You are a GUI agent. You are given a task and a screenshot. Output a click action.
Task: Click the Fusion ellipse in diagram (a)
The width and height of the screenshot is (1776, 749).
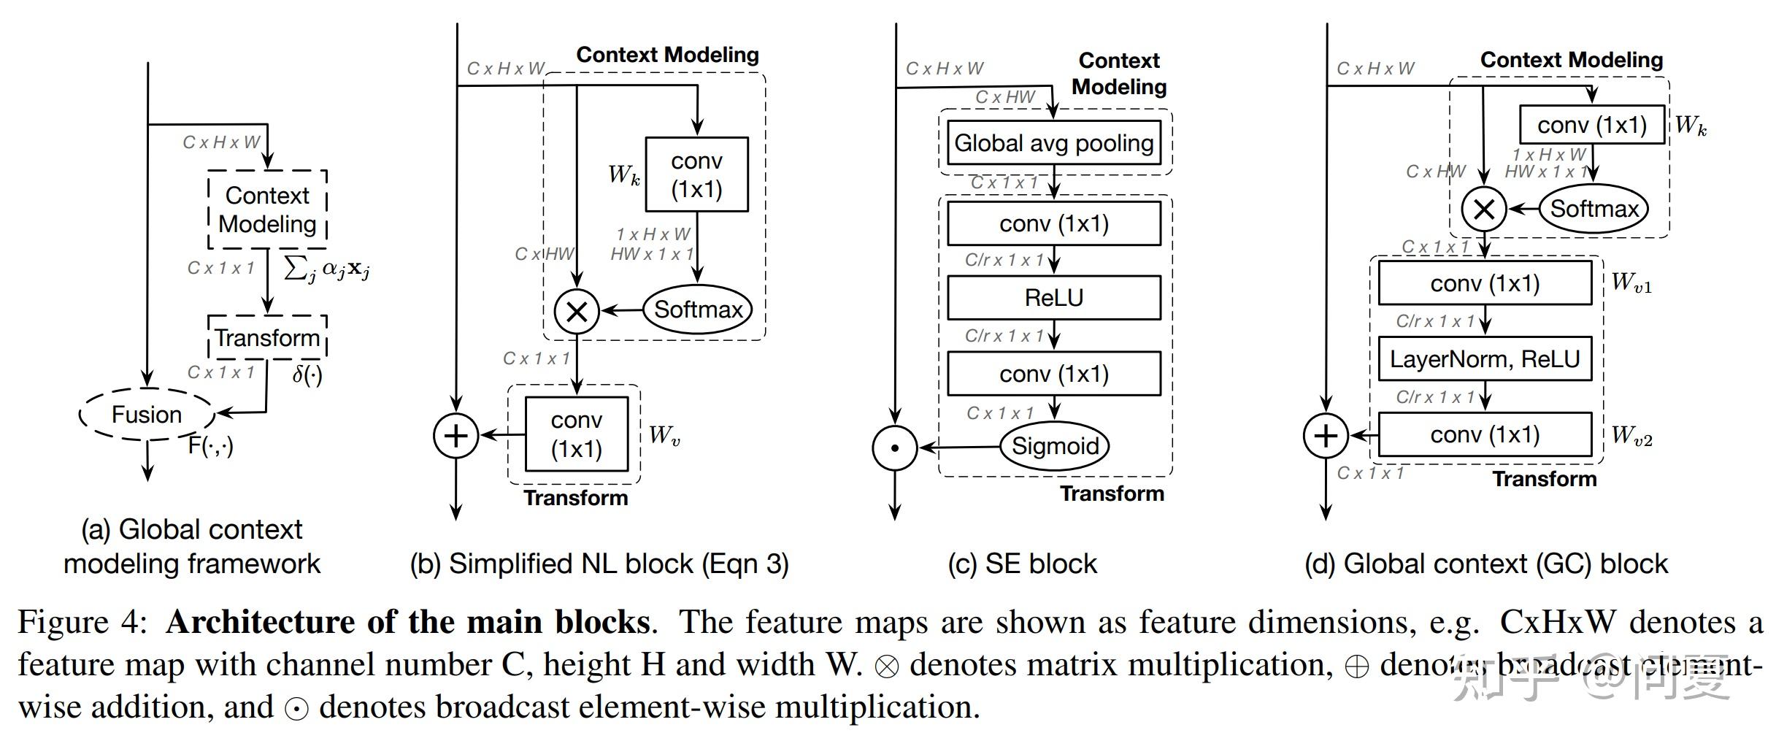tap(147, 414)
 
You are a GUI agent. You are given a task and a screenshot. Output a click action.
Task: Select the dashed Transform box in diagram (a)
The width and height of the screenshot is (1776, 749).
tap(267, 337)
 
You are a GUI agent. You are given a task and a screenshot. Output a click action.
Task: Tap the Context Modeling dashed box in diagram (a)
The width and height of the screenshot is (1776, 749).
tap(267, 210)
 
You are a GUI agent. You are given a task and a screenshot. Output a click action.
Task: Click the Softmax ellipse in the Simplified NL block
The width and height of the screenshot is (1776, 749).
tap(698, 310)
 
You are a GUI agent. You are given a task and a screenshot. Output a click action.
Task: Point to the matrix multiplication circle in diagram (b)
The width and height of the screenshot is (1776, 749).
tap(577, 312)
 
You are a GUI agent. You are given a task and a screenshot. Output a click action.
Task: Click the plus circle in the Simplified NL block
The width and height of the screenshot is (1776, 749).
tap(455, 436)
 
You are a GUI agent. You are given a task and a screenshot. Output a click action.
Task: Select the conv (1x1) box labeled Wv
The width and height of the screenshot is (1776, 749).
tap(577, 434)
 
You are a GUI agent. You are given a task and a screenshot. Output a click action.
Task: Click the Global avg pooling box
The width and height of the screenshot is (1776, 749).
tap(1054, 142)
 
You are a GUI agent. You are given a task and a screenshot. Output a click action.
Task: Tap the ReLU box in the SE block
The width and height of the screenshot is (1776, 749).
tap(1054, 297)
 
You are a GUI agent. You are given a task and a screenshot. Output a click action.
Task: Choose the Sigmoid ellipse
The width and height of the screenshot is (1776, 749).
tap(1055, 445)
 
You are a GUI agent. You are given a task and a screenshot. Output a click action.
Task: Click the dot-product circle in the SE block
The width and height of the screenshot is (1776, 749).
tap(894, 448)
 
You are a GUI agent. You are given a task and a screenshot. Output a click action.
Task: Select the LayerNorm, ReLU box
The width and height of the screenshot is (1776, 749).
tap(1485, 358)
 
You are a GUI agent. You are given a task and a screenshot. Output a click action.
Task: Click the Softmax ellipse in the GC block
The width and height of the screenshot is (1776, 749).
tap(1594, 209)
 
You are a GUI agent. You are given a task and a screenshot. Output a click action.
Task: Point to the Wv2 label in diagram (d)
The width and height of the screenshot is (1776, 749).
tap(1631, 436)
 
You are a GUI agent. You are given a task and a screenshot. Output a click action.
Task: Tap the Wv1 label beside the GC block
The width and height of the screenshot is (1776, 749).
tap(1631, 283)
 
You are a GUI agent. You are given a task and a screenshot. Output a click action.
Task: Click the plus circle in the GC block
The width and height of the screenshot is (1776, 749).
tap(1326, 436)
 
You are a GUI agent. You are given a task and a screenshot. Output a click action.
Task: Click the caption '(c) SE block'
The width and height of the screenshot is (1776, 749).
tap(1022, 564)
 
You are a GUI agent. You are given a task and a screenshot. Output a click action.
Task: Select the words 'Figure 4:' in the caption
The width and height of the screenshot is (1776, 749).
tap(82, 622)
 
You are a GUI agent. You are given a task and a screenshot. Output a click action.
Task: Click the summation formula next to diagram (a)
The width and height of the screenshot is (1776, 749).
tap(326, 269)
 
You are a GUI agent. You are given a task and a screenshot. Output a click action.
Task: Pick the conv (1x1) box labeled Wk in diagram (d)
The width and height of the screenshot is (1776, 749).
tap(1592, 125)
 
